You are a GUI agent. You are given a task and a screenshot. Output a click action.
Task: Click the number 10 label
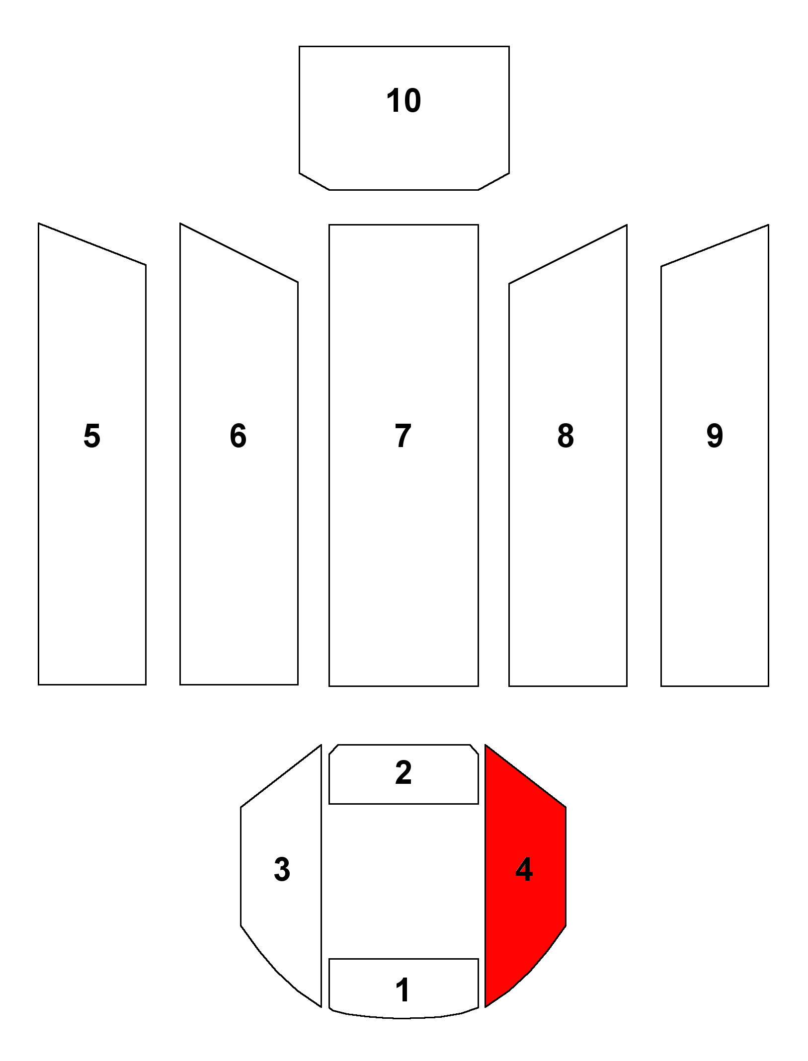pyautogui.click(x=404, y=100)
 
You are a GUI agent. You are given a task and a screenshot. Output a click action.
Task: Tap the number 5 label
pyautogui.click(x=92, y=436)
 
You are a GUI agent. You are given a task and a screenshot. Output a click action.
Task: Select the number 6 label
pyautogui.click(x=238, y=436)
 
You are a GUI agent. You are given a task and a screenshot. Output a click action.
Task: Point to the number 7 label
pyautogui.click(x=403, y=436)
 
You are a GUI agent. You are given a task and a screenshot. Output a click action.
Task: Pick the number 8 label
pyautogui.click(x=566, y=436)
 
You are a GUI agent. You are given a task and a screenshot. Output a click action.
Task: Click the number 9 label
pyautogui.click(x=715, y=436)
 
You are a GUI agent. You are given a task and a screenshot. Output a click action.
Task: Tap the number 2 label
pyautogui.click(x=404, y=772)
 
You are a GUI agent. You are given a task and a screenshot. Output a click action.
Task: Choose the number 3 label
pyautogui.click(x=282, y=869)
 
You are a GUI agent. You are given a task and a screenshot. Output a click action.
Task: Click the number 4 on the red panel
pyautogui.click(x=524, y=869)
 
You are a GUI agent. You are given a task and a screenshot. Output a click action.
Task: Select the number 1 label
pyautogui.click(x=403, y=990)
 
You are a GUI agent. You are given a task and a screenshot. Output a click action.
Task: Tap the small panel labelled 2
pyautogui.click(x=404, y=774)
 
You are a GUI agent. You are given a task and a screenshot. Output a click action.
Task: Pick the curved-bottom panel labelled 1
pyautogui.click(x=404, y=988)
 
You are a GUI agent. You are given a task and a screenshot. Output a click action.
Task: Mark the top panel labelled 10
pyautogui.click(x=404, y=118)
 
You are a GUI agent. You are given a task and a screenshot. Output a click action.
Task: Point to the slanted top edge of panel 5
pyautogui.click(x=92, y=244)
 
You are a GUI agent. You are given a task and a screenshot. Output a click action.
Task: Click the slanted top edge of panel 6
pyautogui.click(x=239, y=252)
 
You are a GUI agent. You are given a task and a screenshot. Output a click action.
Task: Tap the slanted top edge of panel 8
pyautogui.click(x=568, y=254)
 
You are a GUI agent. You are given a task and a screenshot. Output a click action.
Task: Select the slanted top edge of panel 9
pyautogui.click(x=715, y=245)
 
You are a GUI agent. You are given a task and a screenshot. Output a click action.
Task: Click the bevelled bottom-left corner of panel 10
pyautogui.click(x=314, y=181)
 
